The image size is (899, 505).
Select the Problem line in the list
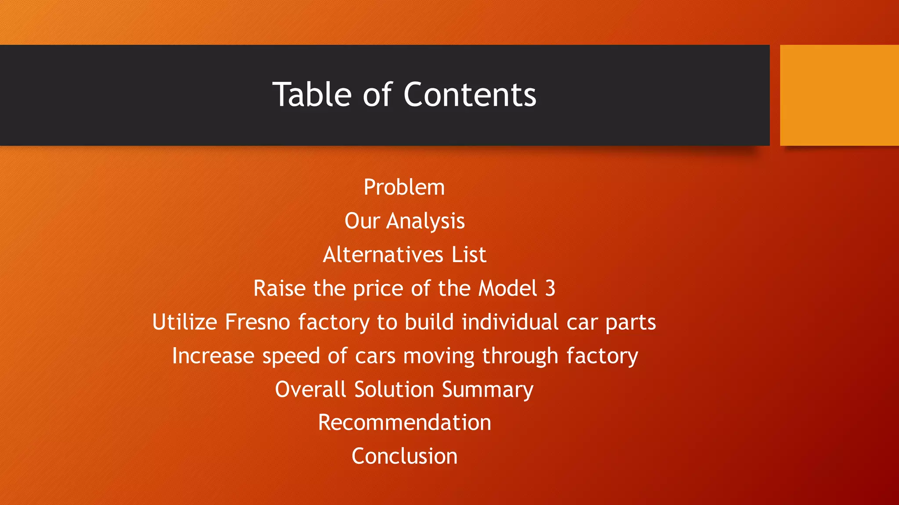coord(404,188)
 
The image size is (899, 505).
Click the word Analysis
coord(425,221)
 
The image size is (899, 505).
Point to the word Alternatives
coord(383,255)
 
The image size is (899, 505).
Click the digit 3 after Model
coord(550,288)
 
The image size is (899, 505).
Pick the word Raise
coord(279,288)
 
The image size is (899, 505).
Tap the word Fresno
coord(257,322)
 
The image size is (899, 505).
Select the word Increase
coord(213,356)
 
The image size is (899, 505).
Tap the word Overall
coord(310,389)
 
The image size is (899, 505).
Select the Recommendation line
coord(404,423)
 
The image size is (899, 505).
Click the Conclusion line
coord(404,456)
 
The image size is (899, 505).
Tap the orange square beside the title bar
coord(839,95)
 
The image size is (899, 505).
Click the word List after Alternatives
coord(469,255)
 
